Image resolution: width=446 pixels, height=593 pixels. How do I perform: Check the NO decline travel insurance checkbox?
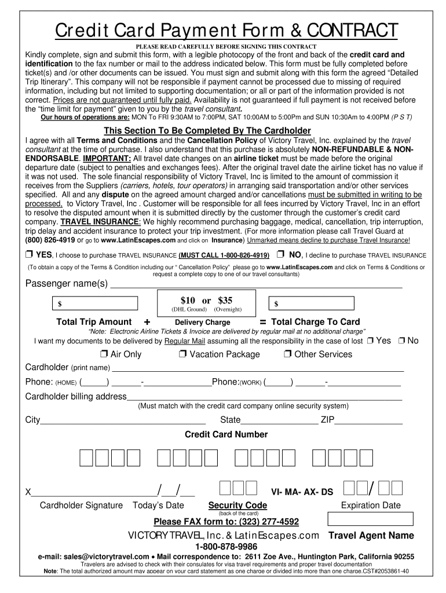point(280,255)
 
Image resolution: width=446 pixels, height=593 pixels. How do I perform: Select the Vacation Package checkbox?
point(182,354)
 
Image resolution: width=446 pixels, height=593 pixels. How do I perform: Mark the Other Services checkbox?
point(287,354)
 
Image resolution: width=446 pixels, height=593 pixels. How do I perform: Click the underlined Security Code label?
point(237,506)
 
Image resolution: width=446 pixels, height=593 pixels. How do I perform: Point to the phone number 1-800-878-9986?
point(223,547)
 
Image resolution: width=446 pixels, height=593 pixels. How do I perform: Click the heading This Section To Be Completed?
point(207,130)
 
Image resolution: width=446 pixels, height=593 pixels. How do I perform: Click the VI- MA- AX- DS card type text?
point(302,492)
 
